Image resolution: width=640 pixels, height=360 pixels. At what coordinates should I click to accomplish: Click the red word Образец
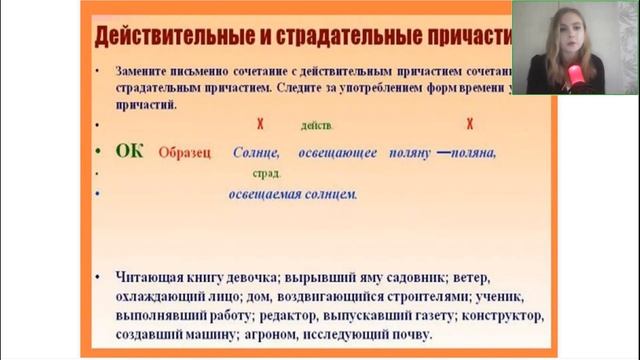[x=186, y=152]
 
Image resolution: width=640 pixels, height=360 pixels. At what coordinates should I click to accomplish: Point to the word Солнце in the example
[x=255, y=152]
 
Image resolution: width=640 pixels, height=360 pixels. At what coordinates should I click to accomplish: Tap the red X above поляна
[x=469, y=125]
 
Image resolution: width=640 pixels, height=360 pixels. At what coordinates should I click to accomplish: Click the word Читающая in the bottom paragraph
[x=140, y=277]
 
